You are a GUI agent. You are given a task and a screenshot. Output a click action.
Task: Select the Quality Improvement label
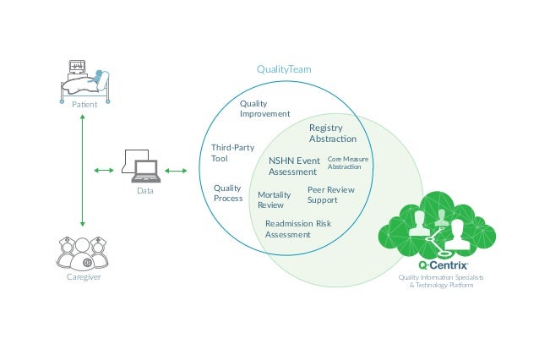[x=264, y=108]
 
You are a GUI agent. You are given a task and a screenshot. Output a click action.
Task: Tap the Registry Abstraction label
[x=332, y=134]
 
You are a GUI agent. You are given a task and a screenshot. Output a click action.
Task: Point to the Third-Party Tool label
[x=232, y=153]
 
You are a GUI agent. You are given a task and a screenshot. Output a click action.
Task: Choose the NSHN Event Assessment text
[x=293, y=166]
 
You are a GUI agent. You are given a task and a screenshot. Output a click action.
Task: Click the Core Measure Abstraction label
[x=346, y=163]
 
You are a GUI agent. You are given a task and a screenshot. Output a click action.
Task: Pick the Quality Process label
[x=228, y=194]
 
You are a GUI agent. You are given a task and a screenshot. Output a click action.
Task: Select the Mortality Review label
[x=274, y=199]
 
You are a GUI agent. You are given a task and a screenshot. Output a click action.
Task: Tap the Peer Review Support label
[x=330, y=195]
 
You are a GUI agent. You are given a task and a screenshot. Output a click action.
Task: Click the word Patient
[x=84, y=105]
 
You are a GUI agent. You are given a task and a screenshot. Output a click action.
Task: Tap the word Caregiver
[x=83, y=277]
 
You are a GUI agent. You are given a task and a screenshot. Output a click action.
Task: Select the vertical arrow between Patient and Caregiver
[x=83, y=169]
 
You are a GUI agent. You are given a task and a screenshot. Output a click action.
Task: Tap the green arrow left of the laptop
[x=104, y=172]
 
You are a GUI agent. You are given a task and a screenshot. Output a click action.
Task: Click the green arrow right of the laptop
[x=177, y=172]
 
